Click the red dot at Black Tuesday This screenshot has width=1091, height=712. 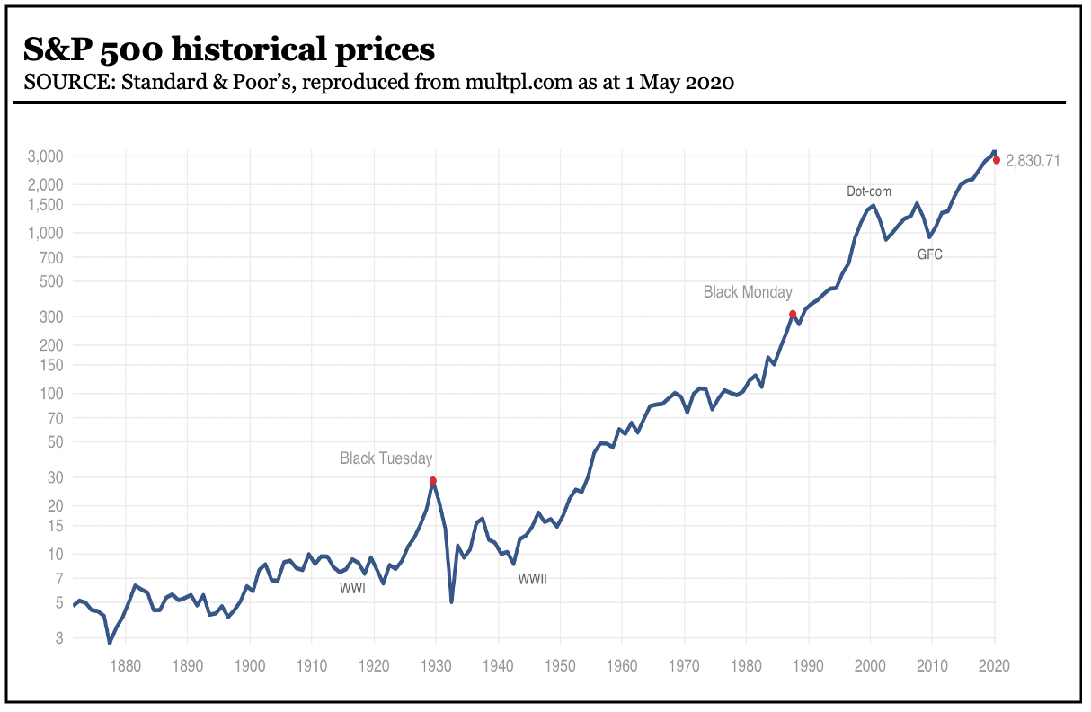pos(433,481)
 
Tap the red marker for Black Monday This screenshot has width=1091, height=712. pos(793,314)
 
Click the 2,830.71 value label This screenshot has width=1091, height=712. pos(1033,161)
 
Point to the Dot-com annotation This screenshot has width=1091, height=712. pos(870,191)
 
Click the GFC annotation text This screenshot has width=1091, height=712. pos(930,254)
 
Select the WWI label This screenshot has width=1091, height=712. pos(352,589)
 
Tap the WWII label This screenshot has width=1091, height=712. pos(533,580)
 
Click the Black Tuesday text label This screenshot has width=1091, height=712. pos(386,458)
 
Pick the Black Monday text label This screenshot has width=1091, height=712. pos(748,292)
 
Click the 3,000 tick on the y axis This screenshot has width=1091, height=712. pos(45,156)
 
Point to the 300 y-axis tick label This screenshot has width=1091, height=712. pos(51,316)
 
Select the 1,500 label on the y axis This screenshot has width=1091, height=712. pos(45,205)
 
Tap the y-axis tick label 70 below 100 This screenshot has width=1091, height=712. pos(55,418)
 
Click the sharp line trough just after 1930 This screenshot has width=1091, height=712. pos(451,601)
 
